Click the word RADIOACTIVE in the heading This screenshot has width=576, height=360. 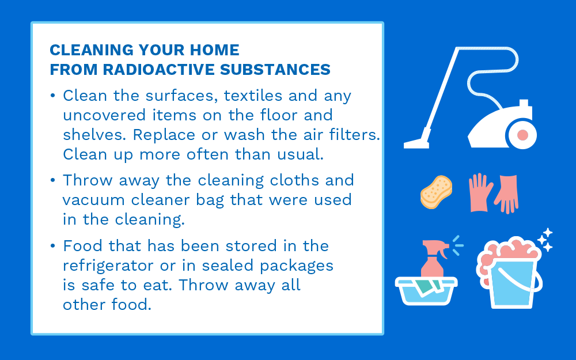[x=158, y=70]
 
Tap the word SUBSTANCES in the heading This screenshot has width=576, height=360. [x=275, y=70]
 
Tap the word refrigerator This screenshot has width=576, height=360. [x=108, y=266]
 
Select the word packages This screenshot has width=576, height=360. [x=297, y=266]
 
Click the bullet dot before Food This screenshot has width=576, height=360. [x=53, y=245]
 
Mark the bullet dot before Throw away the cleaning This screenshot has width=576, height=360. [x=53, y=180]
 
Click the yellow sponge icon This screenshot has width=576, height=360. [x=436, y=192]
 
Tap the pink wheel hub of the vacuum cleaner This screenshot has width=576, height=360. [x=522, y=135]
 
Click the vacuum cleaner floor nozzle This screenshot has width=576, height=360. [x=417, y=142]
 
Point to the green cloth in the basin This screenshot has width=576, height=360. [x=427, y=286]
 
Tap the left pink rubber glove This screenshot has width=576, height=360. [x=480, y=192]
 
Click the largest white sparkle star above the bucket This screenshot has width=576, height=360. [x=548, y=233]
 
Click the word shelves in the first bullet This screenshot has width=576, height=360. [x=92, y=134]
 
